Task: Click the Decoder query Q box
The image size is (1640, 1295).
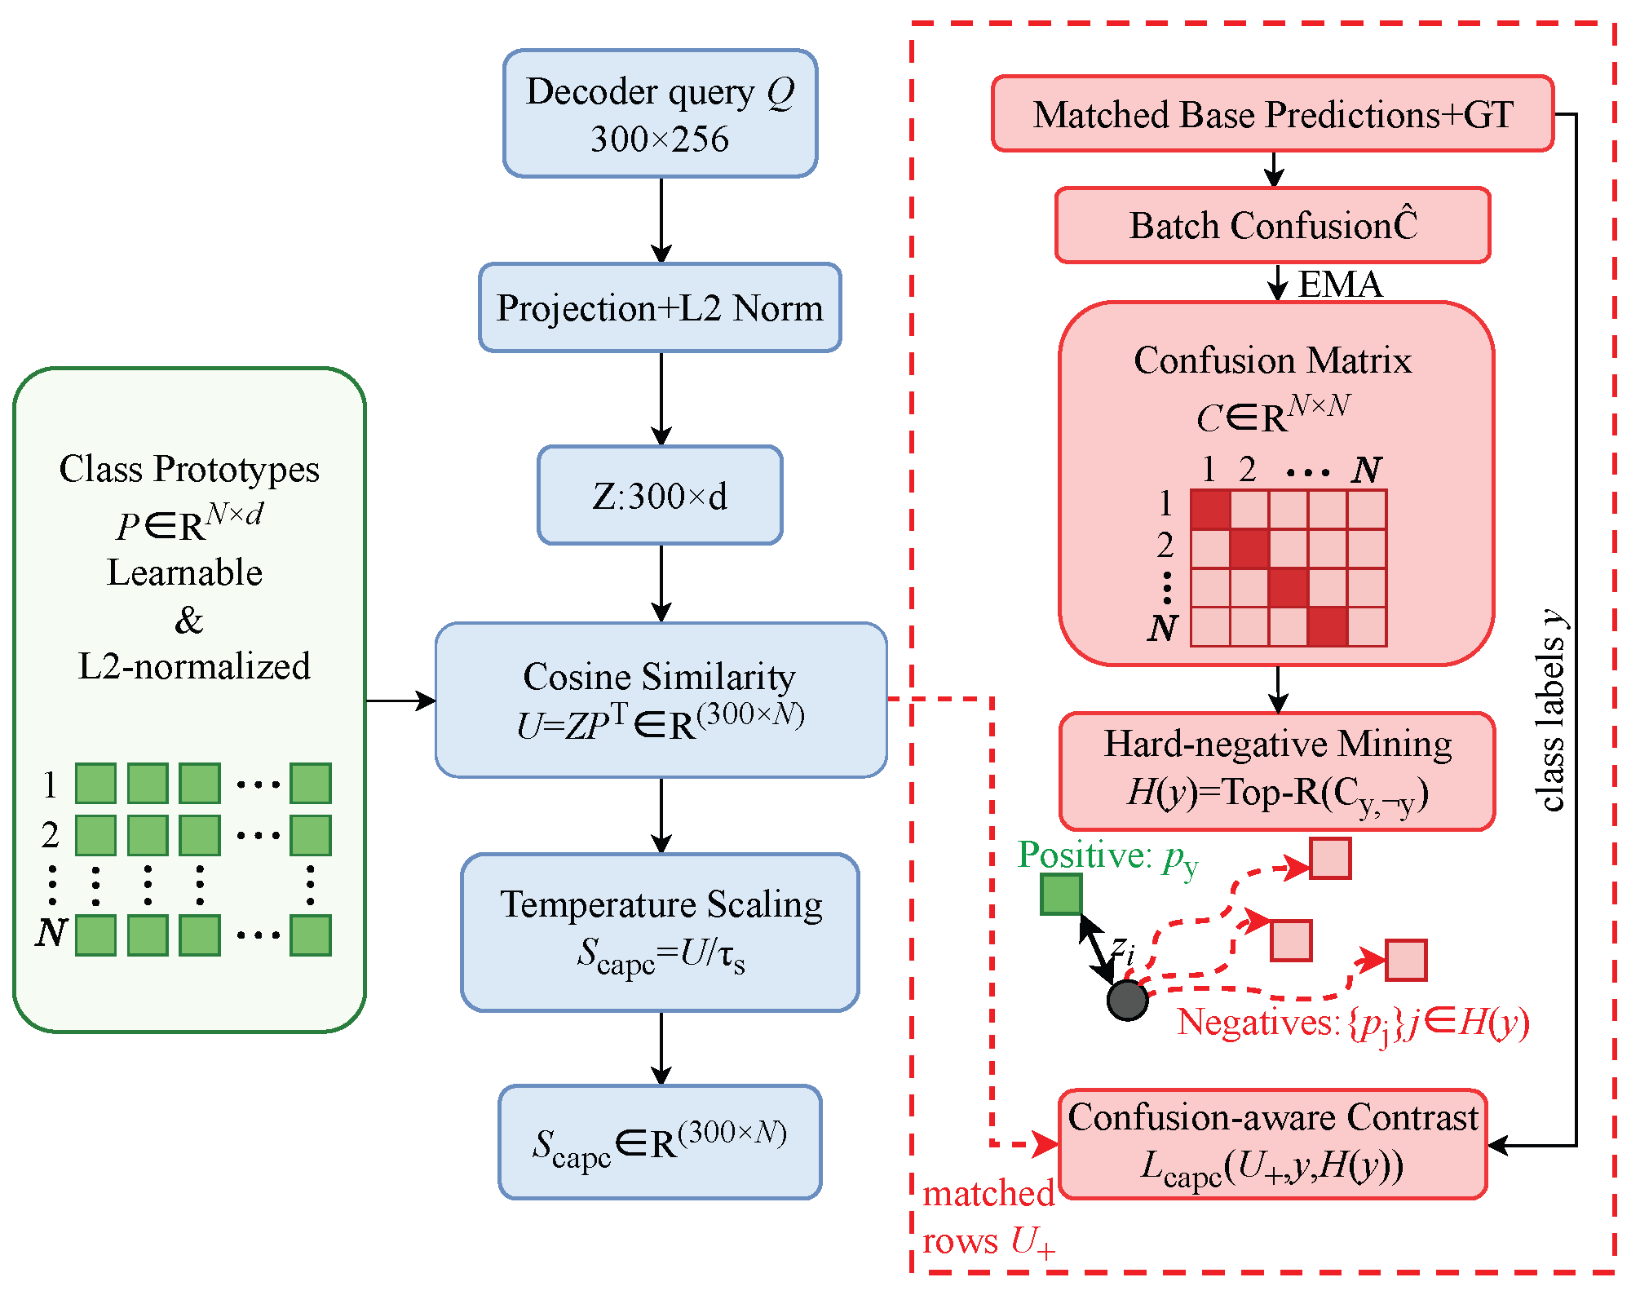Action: [660, 113]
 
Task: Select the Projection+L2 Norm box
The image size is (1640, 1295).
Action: [660, 307]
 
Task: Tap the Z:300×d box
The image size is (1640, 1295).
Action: [660, 495]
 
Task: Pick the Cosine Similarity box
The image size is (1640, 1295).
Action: [661, 700]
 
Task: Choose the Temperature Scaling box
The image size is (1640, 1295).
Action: [660, 932]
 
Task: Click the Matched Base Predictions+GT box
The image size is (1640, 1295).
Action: [1272, 113]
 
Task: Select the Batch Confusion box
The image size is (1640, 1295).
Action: [1272, 225]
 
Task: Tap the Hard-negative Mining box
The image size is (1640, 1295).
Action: [1277, 771]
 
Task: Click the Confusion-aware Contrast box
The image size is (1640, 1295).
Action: [1272, 1143]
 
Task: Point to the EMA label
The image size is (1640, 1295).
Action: [1340, 284]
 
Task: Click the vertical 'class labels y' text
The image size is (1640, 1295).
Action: [1551, 709]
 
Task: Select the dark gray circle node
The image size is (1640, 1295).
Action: [1128, 1001]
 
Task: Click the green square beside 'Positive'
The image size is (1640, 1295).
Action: [1061, 894]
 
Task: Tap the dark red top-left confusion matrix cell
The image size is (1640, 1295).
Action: [1210, 510]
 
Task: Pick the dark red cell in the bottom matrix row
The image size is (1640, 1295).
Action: [1328, 626]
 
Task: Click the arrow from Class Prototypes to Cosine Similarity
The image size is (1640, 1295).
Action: [400, 700]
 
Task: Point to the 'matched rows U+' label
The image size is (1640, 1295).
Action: [989, 1217]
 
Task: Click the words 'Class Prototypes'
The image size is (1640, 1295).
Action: [189, 469]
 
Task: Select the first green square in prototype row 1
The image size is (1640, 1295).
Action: [95, 784]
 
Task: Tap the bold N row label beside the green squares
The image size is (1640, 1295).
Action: [51, 932]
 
